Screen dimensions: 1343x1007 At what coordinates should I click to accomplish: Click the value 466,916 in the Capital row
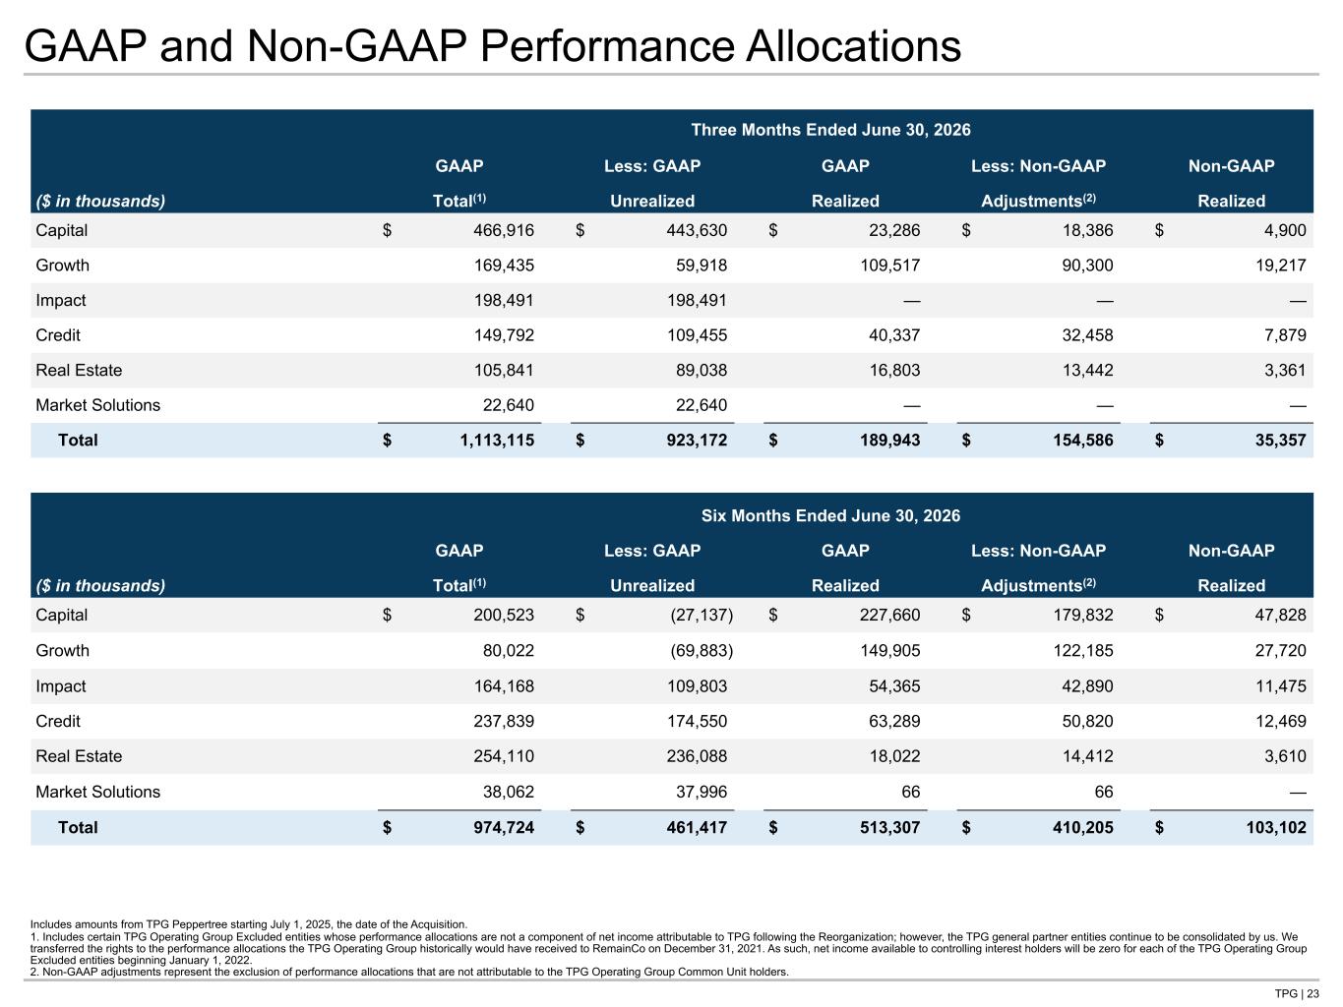pyautogui.click(x=504, y=230)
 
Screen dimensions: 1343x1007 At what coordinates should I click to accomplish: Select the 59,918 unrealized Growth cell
pyautogui.click(x=702, y=266)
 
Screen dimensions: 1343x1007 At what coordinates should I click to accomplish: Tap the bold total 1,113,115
pyautogui.click(x=497, y=441)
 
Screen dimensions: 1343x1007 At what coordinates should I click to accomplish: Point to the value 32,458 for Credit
pyautogui.click(x=1087, y=335)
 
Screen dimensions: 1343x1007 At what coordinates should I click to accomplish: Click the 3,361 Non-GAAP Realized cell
pyautogui.click(x=1285, y=370)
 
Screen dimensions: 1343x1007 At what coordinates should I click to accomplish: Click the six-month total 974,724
pyautogui.click(x=504, y=827)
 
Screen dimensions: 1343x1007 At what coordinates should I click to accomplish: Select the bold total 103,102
pyautogui.click(x=1276, y=827)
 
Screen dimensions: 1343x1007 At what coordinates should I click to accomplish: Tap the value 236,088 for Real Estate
pyautogui.click(x=697, y=756)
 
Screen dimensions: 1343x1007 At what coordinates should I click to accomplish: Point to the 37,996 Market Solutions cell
pyautogui.click(x=702, y=792)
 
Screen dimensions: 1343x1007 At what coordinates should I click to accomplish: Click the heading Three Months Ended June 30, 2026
pyautogui.click(x=830, y=130)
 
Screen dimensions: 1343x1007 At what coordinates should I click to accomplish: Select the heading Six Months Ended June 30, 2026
pyautogui.click(x=830, y=515)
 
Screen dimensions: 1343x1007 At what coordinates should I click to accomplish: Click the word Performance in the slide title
pyautogui.click(x=607, y=46)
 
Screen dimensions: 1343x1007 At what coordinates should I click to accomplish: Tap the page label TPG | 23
pyautogui.click(x=1297, y=993)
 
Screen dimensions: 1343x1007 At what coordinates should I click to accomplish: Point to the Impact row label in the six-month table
pyautogui.click(x=61, y=686)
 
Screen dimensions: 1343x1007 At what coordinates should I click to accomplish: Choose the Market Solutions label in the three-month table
pyautogui.click(x=97, y=405)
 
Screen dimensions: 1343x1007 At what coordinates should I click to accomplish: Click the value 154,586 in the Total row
pyautogui.click(x=1083, y=441)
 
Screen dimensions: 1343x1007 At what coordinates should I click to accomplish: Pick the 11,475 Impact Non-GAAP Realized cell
pyautogui.click(x=1281, y=686)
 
